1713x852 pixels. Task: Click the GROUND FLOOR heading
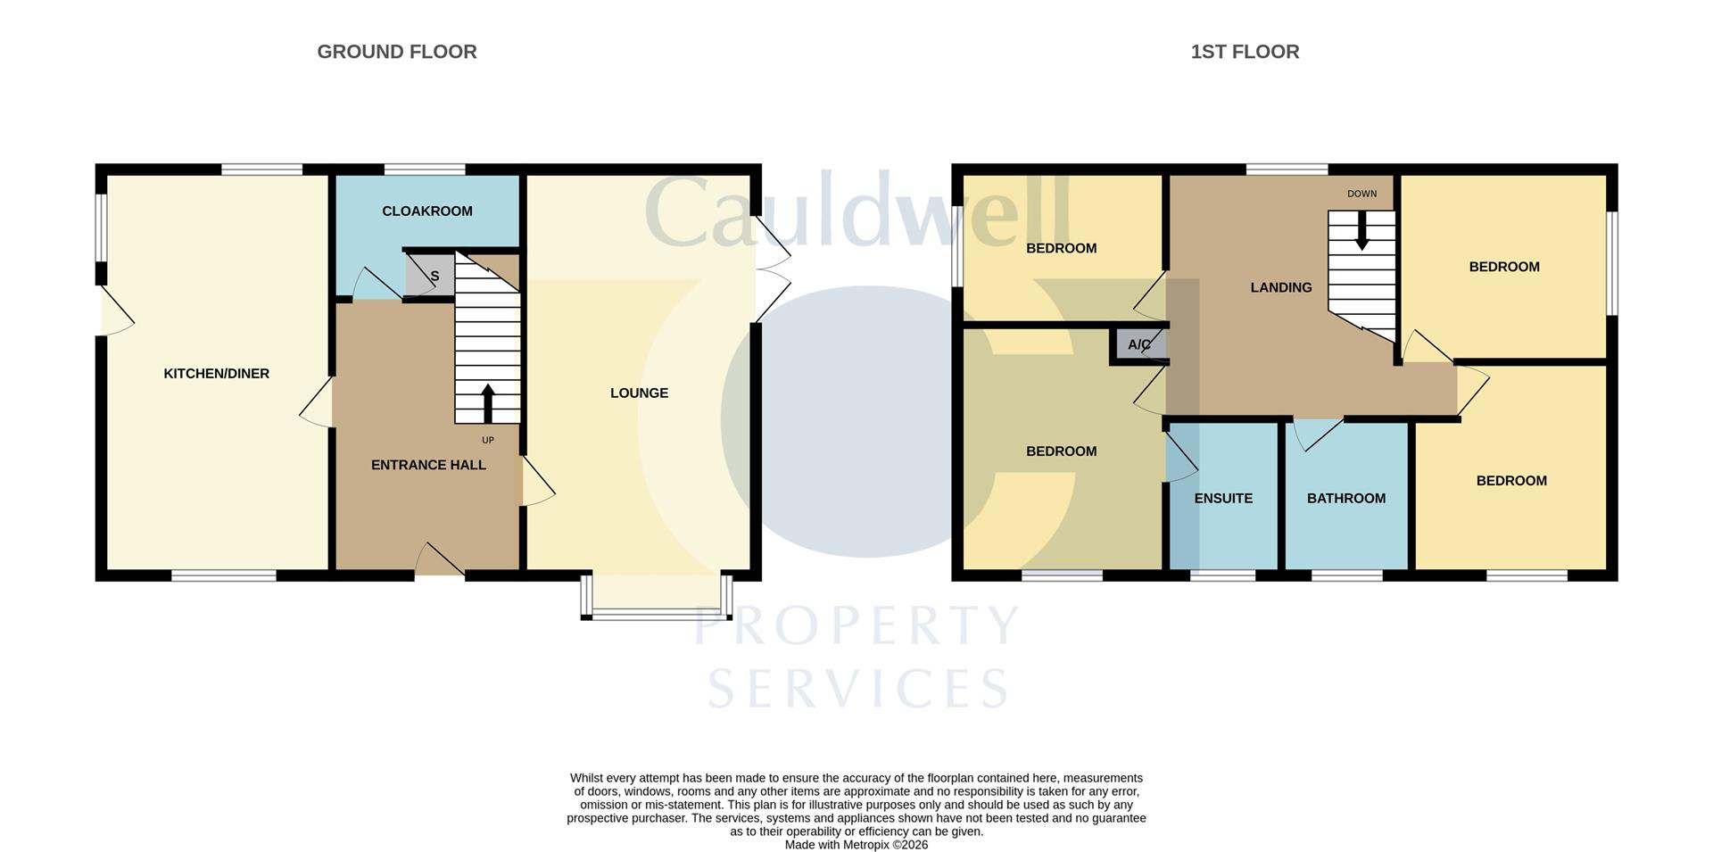point(397,52)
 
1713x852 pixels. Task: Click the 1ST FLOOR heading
point(1245,52)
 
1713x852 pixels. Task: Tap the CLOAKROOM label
point(427,211)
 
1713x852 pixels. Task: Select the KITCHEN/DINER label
point(216,374)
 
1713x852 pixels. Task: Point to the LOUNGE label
point(639,393)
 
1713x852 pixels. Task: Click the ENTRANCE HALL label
point(428,465)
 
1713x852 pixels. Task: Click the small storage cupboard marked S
point(431,276)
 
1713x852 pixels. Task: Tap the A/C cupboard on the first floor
point(1138,345)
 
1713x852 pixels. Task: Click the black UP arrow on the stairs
point(487,402)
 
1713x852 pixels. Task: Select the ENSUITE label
point(1223,499)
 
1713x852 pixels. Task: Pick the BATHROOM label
point(1346,499)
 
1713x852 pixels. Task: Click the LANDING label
point(1280,287)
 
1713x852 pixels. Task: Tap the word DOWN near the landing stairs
point(1361,194)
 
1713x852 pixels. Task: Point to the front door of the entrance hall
point(440,562)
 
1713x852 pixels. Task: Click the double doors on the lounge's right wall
point(773,268)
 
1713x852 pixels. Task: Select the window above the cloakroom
point(425,170)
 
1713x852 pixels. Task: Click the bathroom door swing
point(1318,434)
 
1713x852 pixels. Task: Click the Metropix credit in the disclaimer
point(856,845)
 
